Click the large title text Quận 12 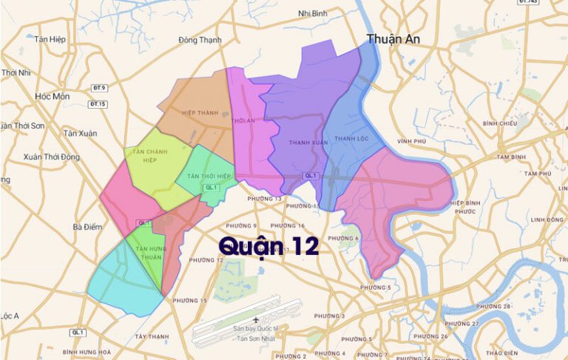coord(269,245)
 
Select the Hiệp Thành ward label coord(198,113)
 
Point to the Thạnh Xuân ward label coord(308,142)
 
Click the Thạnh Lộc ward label coord(351,138)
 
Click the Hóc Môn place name coord(52,97)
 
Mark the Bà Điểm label coord(87,227)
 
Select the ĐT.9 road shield coord(99,88)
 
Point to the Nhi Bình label coord(313,13)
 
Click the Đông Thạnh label coord(200,40)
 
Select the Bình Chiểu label coord(499,123)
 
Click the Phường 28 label coord(493,306)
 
